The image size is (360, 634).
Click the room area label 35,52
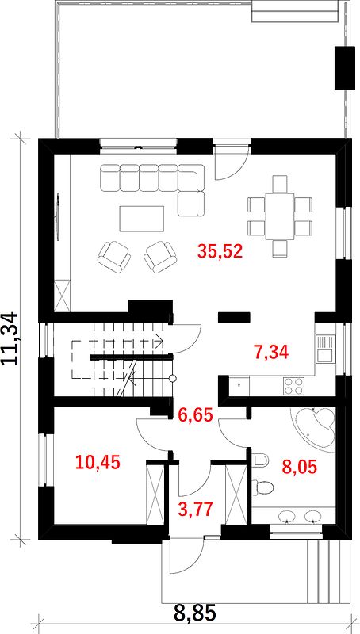(220, 251)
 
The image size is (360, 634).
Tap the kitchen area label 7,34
(271, 352)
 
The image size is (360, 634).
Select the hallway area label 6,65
(196, 414)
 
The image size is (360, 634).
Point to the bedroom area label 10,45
(98, 462)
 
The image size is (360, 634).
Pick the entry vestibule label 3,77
(196, 509)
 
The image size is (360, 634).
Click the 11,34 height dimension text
(9, 339)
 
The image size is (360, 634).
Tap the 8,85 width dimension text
(195, 613)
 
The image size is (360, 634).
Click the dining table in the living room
(279, 216)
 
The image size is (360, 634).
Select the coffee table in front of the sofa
(142, 219)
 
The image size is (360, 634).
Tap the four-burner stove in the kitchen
(294, 385)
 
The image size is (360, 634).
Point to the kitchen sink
(325, 349)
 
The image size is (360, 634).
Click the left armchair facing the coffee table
(114, 255)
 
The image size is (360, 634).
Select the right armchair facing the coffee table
(161, 255)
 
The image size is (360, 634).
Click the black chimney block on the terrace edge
(344, 68)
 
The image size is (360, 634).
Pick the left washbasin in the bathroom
(287, 516)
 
